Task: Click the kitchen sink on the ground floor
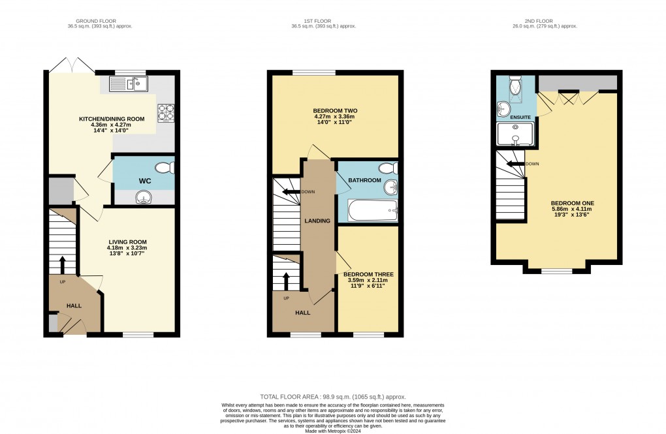[x=128, y=84]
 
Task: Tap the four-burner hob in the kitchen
[x=166, y=113]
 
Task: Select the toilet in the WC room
[x=165, y=168]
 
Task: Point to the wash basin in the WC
[x=144, y=197]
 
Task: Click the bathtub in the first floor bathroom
[x=373, y=210]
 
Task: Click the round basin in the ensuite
[x=505, y=108]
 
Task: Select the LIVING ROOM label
[x=127, y=242]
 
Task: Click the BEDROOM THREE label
[x=368, y=274]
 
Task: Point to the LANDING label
[x=317, y=221]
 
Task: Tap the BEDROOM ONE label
[x=572, y=203]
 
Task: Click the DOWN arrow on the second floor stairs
[x=515, y=164]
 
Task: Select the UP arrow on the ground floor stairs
[x=62, y=265]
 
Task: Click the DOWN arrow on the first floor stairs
[x=291, y=191]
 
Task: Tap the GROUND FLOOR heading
[x=96, y=21]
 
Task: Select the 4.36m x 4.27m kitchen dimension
[x=111, y=125]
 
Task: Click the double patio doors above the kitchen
[x=72, y=64]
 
